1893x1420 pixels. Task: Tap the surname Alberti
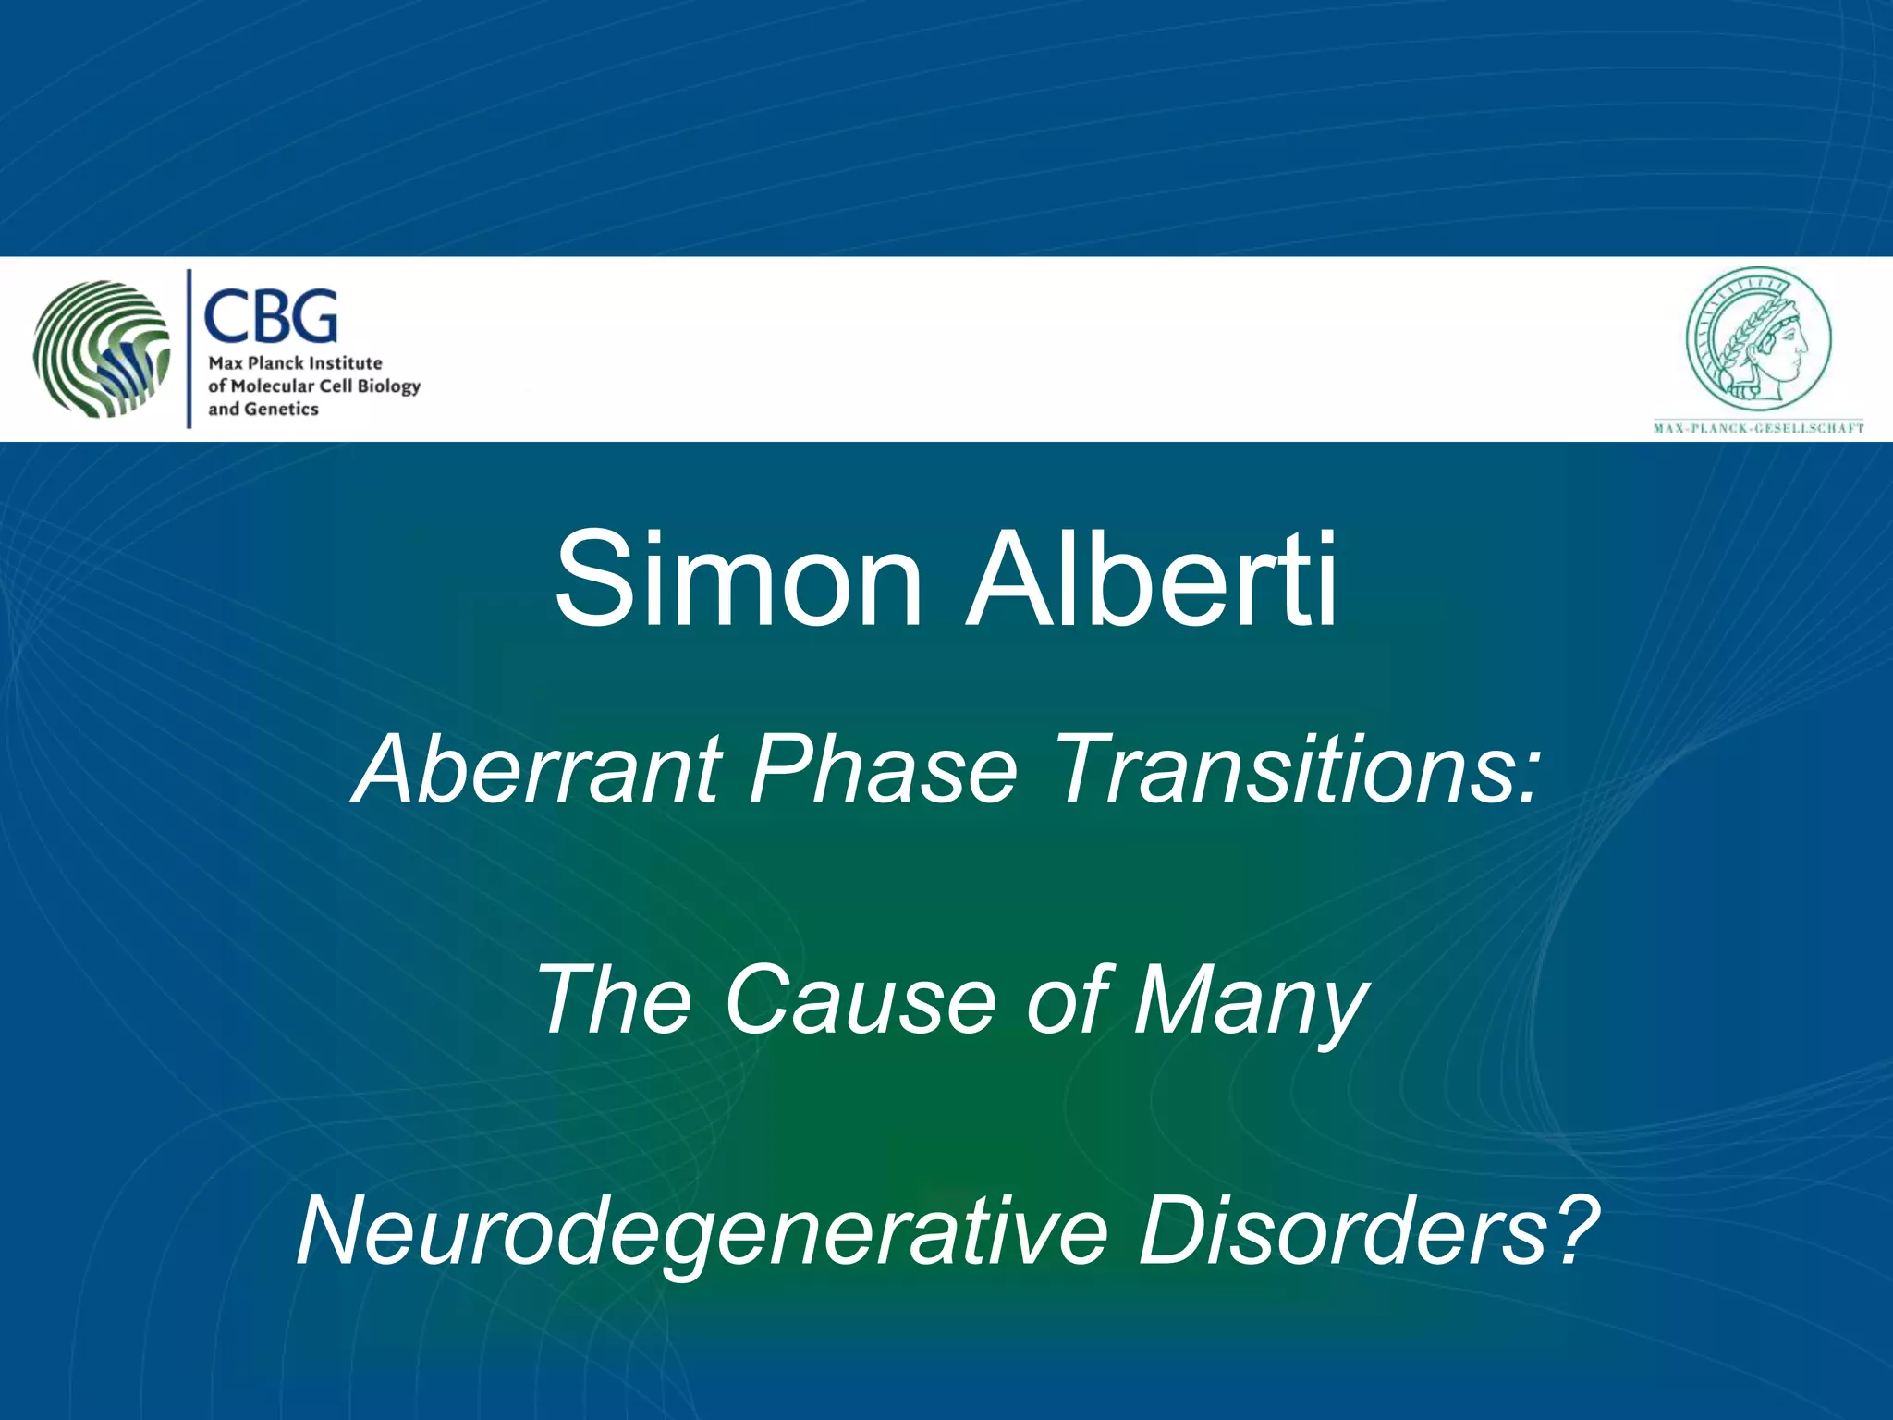tap(1151, 581)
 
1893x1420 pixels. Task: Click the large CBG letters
tap(270, 316)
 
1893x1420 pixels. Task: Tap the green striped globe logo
tap(102, 349)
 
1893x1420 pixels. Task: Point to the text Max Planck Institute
tap(295, 363)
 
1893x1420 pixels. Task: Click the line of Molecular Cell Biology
tap(314, 386)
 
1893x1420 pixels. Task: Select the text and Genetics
tap(263, 410)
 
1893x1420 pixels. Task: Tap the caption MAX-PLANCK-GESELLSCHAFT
tap(1758, 428)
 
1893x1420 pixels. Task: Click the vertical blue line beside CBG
tap(189, 349)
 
